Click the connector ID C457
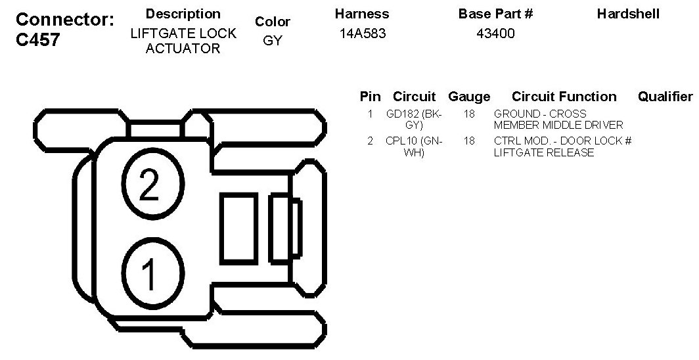click(37, 39)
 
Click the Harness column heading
click(362, 14)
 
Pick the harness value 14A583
click(363, 34)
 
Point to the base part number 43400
click(495, 34)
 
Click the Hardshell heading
click(628, 14)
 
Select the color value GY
click(273, 41)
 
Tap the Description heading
click(183, 14)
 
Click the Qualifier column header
click(665, 96)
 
